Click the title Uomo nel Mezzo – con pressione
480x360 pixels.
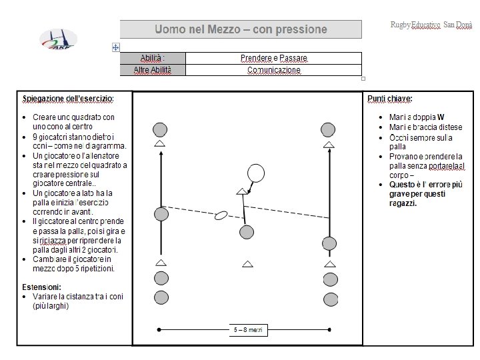241,29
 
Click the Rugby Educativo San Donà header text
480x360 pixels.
431,25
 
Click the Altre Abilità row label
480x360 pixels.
152,70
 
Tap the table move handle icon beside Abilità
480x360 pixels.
116,47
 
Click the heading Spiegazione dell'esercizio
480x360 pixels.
68,99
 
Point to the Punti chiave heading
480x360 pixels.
390,99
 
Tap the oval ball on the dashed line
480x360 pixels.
221,215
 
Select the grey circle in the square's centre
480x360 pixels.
247,232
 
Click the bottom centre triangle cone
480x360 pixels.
248,265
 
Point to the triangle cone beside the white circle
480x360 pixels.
241,191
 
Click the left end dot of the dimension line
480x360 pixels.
159,329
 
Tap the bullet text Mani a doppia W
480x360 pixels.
417,117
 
